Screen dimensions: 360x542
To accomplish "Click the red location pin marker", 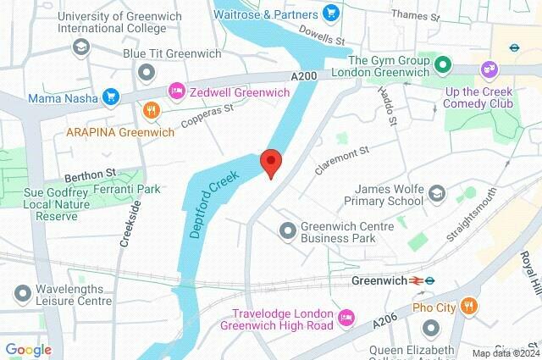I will (x=270, y=161).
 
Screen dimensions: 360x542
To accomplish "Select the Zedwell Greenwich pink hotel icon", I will (x=176, y=90).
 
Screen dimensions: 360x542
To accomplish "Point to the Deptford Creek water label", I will (x=216, y=201).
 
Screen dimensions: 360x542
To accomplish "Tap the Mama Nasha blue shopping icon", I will (x=109, y=97).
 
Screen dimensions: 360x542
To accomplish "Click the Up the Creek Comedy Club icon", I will (x=489, y=69).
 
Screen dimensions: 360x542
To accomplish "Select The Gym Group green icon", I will (x=441, y=66).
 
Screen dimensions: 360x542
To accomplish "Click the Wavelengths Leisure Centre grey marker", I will (x=21, y=293).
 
